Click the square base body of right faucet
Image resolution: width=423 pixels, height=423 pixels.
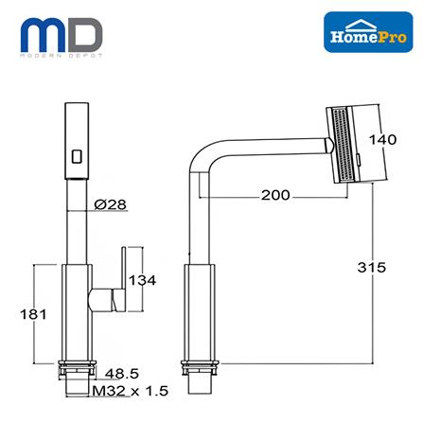pos(202,312)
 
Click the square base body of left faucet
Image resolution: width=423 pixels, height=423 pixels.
pos(75,312)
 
